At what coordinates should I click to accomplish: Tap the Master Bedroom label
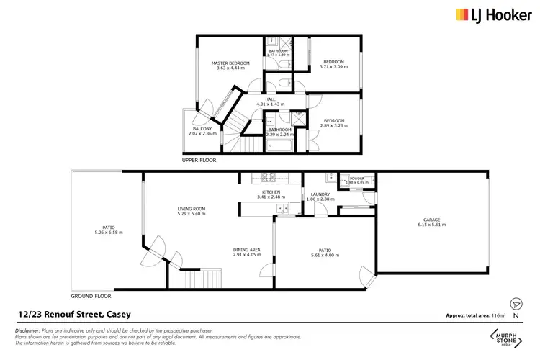coord(230,63)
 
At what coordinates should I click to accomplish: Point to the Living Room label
coord(192,209)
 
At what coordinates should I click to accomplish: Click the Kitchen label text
coord(271,192)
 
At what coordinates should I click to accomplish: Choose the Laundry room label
coord(320,194)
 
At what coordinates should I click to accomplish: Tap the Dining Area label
coord(246,249)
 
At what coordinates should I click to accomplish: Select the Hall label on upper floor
coord(271,99)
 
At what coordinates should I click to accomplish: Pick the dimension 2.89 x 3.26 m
coord(333,125)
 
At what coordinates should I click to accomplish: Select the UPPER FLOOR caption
coord(199,160)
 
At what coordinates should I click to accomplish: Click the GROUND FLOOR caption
coord(91,296)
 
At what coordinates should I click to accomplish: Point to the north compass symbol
coord(513,305)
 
